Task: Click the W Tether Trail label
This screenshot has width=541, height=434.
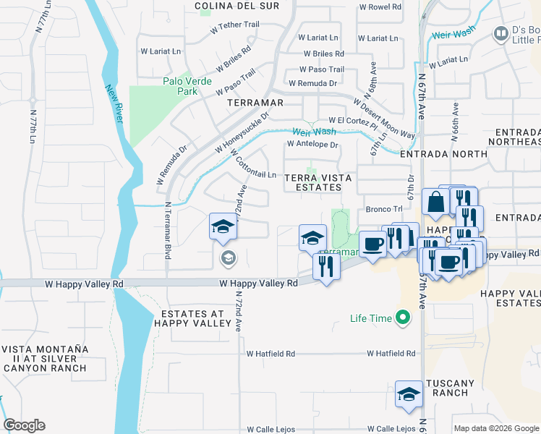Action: [x=234, y=25]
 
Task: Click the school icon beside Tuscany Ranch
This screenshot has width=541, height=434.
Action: [x=409, y=394]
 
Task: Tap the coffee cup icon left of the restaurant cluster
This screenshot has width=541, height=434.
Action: [x=372, y=244]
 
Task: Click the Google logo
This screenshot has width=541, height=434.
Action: [x=24, y=425]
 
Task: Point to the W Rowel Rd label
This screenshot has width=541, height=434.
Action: [x=380, y=7]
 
